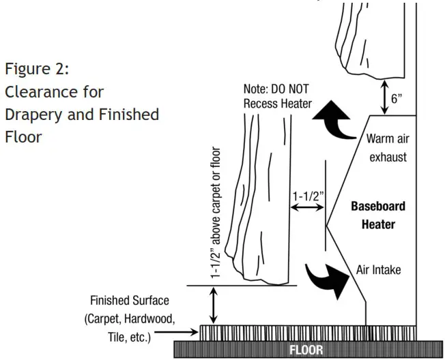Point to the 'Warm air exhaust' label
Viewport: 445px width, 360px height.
click(386, 148)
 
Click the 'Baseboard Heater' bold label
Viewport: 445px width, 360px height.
click(377, 215)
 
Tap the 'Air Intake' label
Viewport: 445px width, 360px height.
click(378, 270)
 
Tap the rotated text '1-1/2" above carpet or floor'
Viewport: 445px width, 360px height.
click(216, 213)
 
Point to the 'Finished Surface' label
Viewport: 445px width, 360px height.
click(130, 301)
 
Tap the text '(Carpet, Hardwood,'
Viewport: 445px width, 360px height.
click(129, 318)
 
